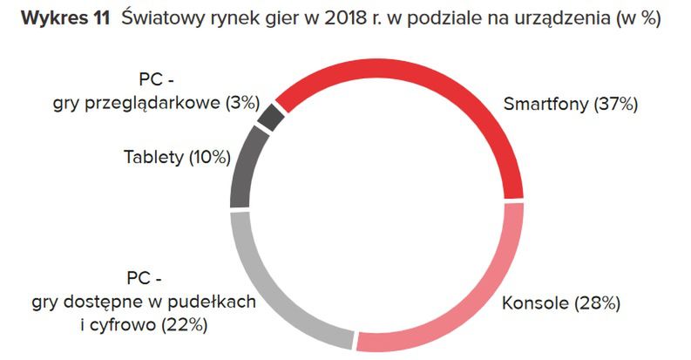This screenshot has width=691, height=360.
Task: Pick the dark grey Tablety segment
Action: [245, 165]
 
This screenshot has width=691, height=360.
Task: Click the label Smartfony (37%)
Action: [571, 105]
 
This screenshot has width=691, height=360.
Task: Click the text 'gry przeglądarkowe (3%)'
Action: [156, 102]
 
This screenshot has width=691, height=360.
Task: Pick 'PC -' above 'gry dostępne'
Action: [143, 280]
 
